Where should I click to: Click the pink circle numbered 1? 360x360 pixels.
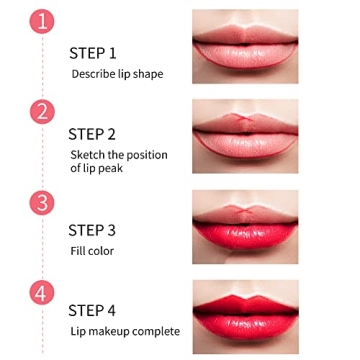point(42,22)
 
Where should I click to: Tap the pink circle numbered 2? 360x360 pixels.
point(42,112)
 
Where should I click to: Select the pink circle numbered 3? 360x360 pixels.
point(42,203)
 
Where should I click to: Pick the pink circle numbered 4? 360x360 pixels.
point(42,293)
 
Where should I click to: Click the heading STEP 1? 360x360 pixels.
point(93,54)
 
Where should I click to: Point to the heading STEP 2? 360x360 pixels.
point(92,134)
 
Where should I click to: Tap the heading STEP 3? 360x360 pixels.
point(92,230)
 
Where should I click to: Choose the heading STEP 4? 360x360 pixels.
point(92,311)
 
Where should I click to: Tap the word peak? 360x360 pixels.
point(111,168)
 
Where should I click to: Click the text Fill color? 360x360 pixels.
point(92,251)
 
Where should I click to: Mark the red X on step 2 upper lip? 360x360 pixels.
point(244,118)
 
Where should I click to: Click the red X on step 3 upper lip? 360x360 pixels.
point(244,210)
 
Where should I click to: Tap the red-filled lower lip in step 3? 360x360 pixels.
point(245,235)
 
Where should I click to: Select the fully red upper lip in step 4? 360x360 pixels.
point(245,305)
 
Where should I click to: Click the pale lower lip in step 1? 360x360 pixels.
point(245,55)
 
